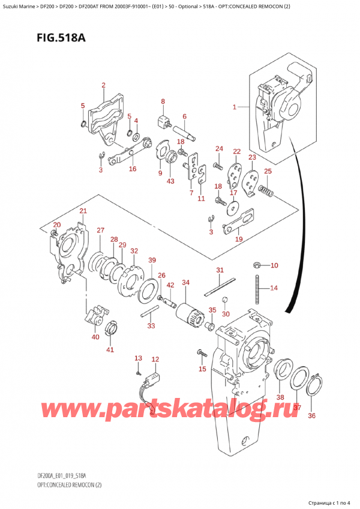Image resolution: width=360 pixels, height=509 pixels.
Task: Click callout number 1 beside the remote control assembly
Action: coord(235,107)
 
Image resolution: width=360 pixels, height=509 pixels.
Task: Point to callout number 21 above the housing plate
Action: coord(83,211)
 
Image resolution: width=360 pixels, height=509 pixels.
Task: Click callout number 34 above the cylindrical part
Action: coord(185,282)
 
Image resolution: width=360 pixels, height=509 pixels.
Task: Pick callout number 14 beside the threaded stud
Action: coord(274,288)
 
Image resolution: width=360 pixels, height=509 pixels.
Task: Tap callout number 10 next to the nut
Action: coord(274,265)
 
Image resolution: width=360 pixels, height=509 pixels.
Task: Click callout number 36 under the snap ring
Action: coord(311,415)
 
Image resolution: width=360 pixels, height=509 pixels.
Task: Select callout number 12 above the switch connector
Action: coord(155,360)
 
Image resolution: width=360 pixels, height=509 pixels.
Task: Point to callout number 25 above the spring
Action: coord(268,172)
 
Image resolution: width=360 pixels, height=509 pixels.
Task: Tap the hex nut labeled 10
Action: coord(256,265)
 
